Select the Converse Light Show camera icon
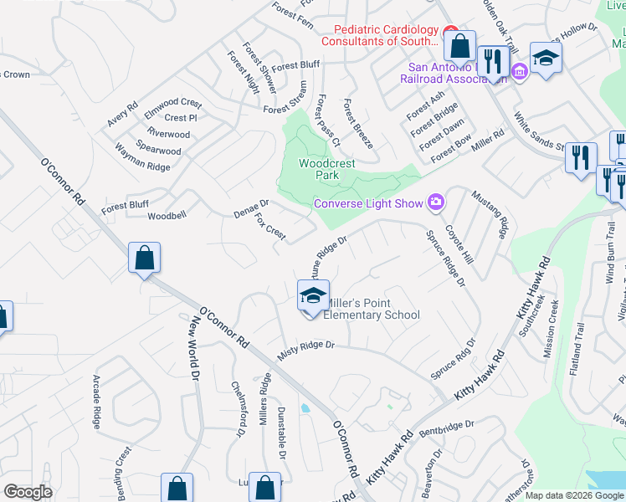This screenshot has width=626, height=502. [435, 202]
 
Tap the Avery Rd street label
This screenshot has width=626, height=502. [121, 115]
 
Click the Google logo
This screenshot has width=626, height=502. [27, 492]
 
